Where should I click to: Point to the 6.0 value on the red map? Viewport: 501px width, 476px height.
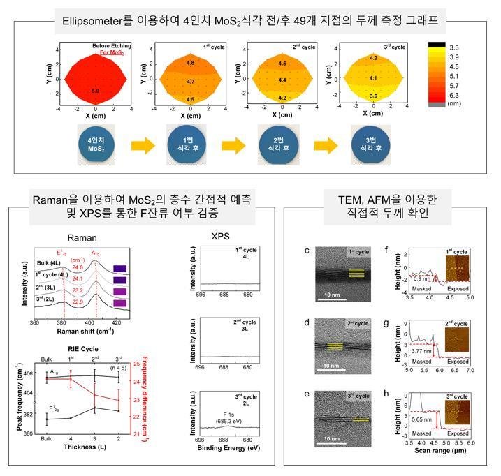[96, 91]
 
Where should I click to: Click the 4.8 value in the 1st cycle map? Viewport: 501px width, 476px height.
[190, 64]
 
